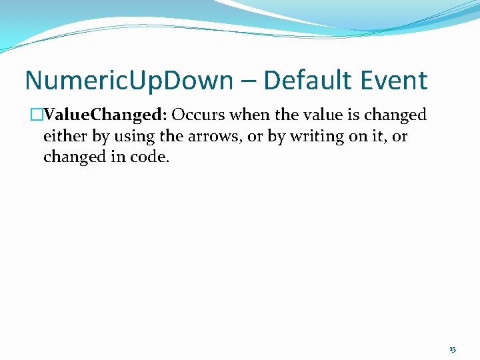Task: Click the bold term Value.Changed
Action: pos(104,115)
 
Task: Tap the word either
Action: pos(63,137)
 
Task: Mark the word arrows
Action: pos(203,137)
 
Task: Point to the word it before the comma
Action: pos(373,137)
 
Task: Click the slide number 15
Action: pos(453,349)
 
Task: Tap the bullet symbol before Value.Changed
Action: pos(37,115)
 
